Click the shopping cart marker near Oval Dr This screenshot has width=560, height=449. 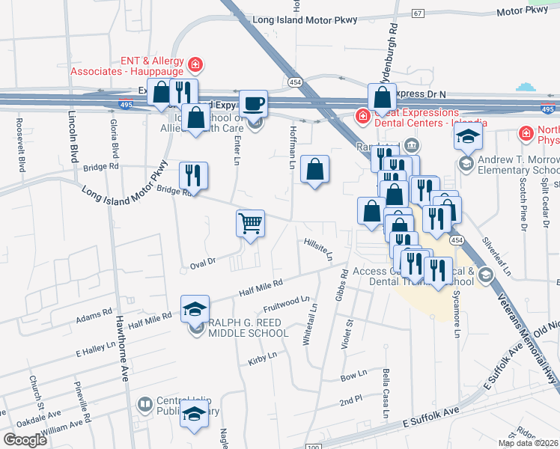[x=250, y=222]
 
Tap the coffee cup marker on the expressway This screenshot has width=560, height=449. [x=253, y=103]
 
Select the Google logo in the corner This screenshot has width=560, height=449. [x=25, y=440]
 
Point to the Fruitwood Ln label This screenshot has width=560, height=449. [x=286, y=305]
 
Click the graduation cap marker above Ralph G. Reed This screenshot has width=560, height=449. [x=194, y=308]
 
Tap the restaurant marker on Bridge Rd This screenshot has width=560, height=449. [x=194, y=175]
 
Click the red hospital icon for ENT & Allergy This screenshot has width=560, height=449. [x=195, y=65]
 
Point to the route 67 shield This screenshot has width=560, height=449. [x=418, y=13]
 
